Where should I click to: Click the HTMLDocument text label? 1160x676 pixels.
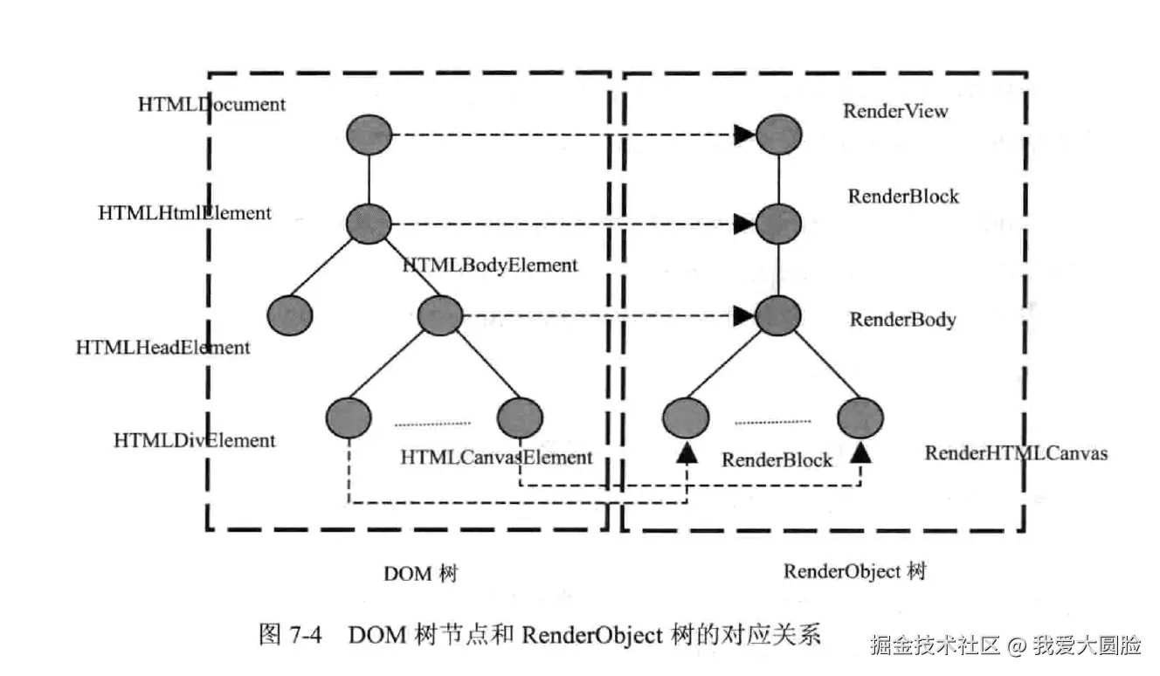coord(211,104)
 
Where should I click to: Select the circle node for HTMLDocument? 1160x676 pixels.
coord(369,135)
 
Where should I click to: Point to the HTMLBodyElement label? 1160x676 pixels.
coord(490,265)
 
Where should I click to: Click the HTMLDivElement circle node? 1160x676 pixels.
coord(349,417)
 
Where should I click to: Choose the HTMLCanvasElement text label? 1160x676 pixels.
coord(496,457)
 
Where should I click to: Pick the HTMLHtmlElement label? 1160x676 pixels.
coord(184,212)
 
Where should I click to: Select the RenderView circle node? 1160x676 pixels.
coord(778,135)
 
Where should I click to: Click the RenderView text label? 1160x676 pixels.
coord(894,111)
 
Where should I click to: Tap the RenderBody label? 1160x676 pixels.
coord(902,320)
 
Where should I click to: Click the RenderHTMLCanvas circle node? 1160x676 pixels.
coord(860,418)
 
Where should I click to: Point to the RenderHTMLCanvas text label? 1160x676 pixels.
coord(1016,452)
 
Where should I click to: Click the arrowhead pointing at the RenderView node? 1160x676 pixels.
coord(744,135)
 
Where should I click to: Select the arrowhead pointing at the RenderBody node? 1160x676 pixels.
coord(744,314)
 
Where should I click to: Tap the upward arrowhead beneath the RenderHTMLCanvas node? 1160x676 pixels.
coord(861,452)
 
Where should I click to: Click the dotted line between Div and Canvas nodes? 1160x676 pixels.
coord(432,424)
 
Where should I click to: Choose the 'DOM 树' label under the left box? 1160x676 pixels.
coord(420,574)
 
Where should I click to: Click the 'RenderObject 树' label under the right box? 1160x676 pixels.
coord(853,571)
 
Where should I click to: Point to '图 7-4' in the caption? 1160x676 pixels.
coord(291,635)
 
